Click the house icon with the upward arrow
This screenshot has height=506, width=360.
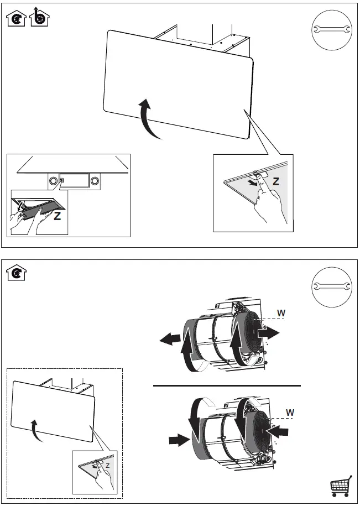point(39,18)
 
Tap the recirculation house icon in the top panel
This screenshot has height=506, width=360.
point(17,20)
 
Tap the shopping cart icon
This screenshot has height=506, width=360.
point(341,486)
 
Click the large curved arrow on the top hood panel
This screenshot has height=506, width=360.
point(149,118)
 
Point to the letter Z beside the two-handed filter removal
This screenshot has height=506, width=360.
point(57,216)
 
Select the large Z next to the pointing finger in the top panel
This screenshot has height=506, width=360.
point(276,181)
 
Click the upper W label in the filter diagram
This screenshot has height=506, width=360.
point(281,312)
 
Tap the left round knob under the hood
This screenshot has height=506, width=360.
point(53,180)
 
